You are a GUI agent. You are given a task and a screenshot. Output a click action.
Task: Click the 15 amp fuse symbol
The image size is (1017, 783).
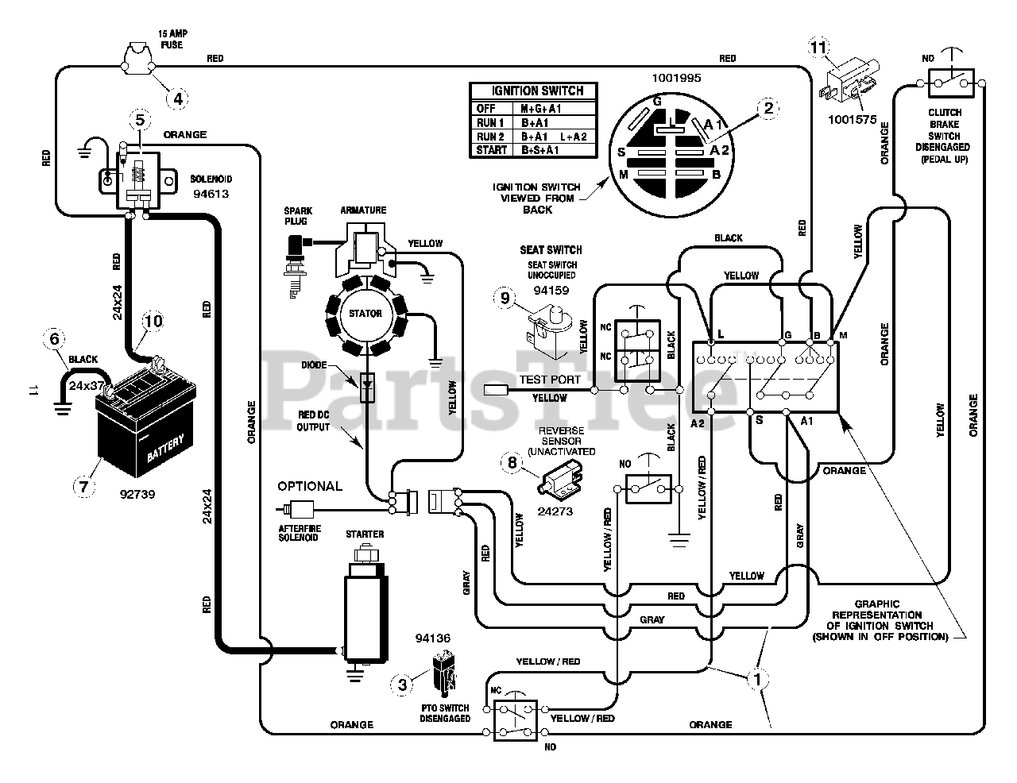tap(138, 58)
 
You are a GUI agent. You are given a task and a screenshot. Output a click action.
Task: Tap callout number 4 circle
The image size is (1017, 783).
tap(178, 99)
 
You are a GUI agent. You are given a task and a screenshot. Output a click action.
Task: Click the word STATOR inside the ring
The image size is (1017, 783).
tap(365, 314)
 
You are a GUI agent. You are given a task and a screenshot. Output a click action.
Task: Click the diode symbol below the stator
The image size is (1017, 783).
tap(367, 388)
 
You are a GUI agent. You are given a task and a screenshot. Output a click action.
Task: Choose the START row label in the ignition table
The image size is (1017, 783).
tap(491, 150)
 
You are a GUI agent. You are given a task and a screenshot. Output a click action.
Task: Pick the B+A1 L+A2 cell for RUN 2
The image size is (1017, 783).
tap(554, 137)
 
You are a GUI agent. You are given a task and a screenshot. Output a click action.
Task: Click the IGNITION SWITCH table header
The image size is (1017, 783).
tap(537, 91)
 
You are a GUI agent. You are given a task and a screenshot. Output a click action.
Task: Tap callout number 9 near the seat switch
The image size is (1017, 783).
tap(505, 299)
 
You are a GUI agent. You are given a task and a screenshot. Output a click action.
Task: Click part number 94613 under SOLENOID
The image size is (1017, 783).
tap(211, 194)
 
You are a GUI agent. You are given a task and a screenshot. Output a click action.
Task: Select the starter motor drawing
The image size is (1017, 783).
tap(365, 604)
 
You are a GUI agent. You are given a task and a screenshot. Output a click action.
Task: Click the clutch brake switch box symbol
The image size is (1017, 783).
tap(950, 83)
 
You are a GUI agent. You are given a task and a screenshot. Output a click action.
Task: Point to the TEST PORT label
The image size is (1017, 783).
tap(550, 380)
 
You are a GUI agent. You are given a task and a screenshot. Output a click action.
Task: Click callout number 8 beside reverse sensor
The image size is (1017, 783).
tap(512, 462)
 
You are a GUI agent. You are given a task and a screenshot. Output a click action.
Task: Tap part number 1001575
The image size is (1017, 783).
tap(853, 120)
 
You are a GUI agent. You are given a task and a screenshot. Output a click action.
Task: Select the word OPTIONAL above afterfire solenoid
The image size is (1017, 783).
tap(310, 487)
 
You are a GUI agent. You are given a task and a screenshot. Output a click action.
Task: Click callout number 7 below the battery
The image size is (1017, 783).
tap(83, 487)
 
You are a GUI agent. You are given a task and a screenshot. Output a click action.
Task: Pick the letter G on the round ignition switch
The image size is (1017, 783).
tap(657, 102)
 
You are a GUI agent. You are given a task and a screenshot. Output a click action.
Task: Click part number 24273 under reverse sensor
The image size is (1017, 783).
tap(555, 511)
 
